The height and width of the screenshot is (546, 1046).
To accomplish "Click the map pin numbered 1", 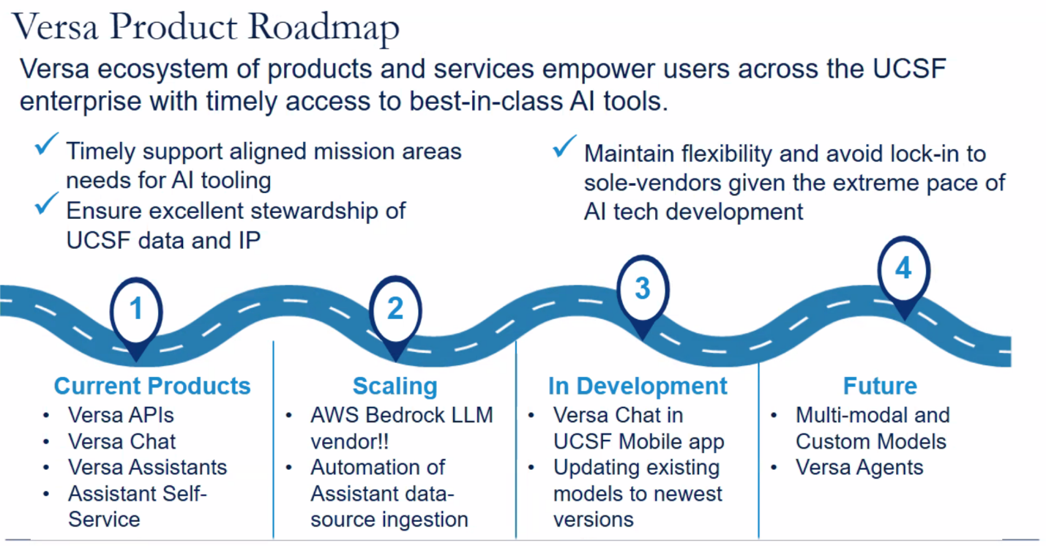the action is (136, 318).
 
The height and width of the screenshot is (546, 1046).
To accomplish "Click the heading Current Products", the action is (152, 386).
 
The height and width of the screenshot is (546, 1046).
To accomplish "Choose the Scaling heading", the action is (395, 386).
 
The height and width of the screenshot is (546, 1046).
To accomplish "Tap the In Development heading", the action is (638, 386).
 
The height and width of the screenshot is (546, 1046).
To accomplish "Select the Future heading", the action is (881, 386).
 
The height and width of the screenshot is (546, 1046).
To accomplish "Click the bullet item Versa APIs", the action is (121, 415).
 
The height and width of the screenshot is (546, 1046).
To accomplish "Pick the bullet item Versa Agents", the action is (859, 468).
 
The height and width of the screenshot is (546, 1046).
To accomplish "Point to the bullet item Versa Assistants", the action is (148, 468).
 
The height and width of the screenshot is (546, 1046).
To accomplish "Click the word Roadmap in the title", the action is (324, 27).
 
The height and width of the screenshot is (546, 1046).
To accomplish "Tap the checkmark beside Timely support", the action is (47, 144).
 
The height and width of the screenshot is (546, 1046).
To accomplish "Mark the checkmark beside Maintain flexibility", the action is (564, 146).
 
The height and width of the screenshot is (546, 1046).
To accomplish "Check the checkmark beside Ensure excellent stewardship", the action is (47, 203).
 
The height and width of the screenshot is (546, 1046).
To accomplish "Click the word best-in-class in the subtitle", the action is (485, 101).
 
